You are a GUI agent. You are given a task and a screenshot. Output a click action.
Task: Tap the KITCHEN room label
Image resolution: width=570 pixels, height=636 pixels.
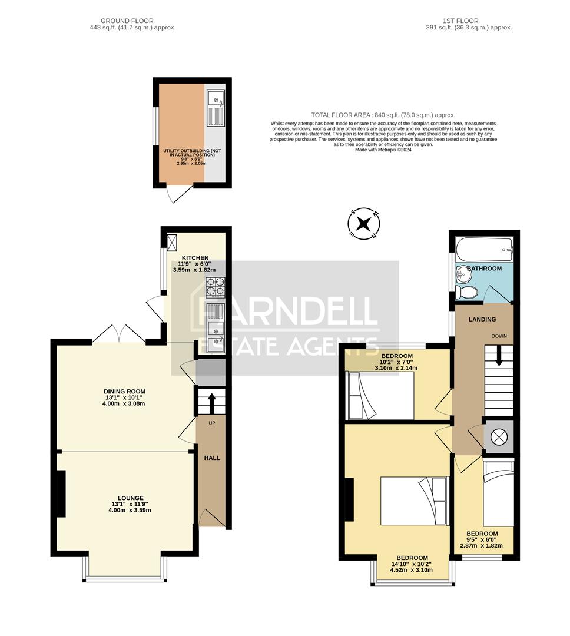point(195,258)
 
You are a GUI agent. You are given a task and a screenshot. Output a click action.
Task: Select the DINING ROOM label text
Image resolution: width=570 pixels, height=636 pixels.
point(124,391)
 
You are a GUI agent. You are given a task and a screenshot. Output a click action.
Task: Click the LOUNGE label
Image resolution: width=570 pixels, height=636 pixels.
point(130,498)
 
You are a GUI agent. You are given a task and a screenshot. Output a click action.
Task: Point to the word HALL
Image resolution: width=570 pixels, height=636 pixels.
point(212,458)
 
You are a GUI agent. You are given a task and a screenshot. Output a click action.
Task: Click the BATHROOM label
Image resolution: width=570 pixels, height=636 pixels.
point(485,269)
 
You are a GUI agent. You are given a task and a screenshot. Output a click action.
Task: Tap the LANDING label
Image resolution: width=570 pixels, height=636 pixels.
point(482,319)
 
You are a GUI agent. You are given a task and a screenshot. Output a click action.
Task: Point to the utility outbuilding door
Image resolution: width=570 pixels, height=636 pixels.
point(178,194)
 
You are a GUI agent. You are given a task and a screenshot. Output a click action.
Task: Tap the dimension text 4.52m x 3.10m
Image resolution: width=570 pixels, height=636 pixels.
point(412,570)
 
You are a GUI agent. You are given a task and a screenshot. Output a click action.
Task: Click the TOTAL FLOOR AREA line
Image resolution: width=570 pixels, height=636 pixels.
point(383,115)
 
